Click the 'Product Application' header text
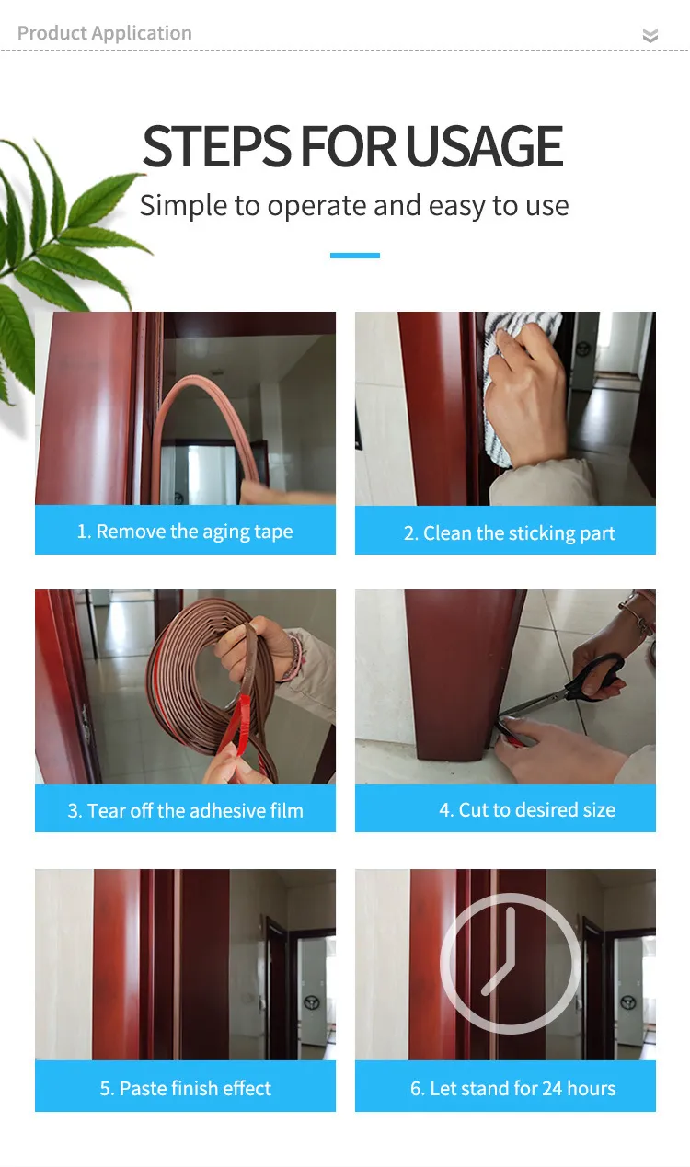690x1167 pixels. (x=104, y=33)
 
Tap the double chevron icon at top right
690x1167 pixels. (x=650, y=35)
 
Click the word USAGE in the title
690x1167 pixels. (x=484, y=146)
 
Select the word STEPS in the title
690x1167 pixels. (x=217, y=146)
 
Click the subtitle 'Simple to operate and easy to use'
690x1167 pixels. (x=354, y=206)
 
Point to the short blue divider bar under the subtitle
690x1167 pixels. (x=355, y=256)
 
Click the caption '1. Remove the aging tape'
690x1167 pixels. (x=185, y=532)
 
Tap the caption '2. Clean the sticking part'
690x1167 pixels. (x=509, y=533)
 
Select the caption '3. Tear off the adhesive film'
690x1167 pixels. (x=185, y=811)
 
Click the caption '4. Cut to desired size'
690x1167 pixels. (x=527, y=809)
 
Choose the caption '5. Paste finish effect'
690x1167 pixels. (x=185, y=1088)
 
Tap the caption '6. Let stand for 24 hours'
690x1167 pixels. (x=512, y=1088)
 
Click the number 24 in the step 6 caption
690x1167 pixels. (x=552, y=1088)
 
